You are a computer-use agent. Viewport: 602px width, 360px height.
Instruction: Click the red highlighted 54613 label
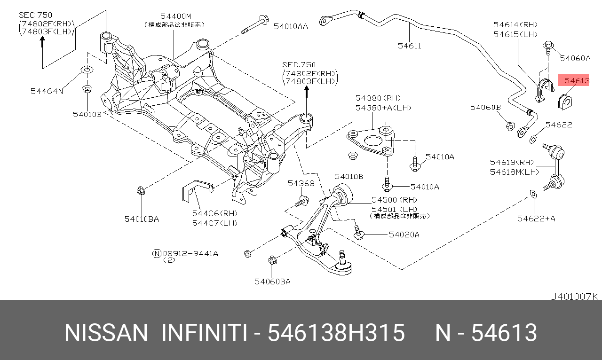576,81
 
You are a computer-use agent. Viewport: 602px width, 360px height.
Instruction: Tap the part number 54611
409,46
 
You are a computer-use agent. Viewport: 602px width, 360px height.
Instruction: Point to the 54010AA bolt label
291,26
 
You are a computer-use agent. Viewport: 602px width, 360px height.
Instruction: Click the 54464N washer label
47,91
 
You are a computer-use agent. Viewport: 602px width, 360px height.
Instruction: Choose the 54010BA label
142,219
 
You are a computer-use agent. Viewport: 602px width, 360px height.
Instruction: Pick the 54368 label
301,183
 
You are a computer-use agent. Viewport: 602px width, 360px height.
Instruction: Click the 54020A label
404,234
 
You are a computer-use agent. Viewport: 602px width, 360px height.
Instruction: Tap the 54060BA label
272,282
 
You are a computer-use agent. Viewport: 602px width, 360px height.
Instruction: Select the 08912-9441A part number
190,253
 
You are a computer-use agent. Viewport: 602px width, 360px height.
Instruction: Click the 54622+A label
536,218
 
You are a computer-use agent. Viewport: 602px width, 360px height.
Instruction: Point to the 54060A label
575,58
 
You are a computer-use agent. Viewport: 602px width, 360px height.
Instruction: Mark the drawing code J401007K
574,296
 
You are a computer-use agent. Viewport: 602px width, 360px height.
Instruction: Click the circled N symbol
157,253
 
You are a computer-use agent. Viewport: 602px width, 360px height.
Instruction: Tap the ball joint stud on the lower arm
343,257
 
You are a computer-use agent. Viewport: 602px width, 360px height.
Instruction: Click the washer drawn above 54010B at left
87,70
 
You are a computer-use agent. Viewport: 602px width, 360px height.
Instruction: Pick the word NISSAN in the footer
106,333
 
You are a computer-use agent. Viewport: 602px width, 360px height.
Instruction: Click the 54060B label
485,108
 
